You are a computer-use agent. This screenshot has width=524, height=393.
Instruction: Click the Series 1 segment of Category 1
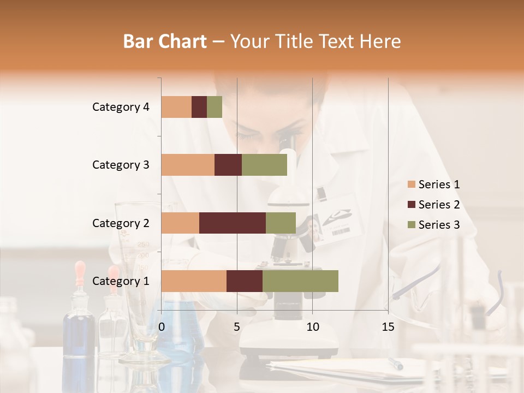pyautogui.click(x=194, y=281)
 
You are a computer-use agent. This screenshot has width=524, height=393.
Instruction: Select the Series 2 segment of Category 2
pyautogui.click(x=233, y=223)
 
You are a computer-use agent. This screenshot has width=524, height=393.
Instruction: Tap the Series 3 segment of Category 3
pyautogui.click(x=264, y=165)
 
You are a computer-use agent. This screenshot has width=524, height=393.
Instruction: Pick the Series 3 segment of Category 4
pyautogui.click(x=215, y=107)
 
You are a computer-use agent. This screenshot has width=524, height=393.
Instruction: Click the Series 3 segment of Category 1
pyautogui.click(x=300, y=281)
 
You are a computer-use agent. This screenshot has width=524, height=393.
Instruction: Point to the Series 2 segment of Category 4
pyautogui.click(x=199, y=107)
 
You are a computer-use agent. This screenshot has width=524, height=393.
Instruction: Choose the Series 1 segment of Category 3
pyautogui.click(x=188, y=165)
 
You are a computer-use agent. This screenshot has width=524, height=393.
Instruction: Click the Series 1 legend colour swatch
pyautogui.click(x=411, y=184)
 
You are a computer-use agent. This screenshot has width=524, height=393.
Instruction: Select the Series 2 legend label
pyautogui.click(x=439, y=205)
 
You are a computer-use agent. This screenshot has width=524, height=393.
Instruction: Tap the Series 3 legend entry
pyautogui.click(x=434, y=225)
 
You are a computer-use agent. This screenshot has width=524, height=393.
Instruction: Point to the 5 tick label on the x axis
pyautogui.click(x=237, y=327)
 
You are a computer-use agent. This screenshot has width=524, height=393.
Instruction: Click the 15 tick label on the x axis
pyautogui.click(x=388, y=327)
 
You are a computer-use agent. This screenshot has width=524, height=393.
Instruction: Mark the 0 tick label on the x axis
pyautogui.click(x=162, y=327)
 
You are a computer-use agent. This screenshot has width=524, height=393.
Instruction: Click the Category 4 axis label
pyautogui.click(x=121, y=107)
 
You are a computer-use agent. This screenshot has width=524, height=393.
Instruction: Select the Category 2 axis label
pyautogui.click(x=121, y=223)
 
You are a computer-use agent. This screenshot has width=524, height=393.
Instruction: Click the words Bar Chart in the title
pyautogui.click(x=165, y=41)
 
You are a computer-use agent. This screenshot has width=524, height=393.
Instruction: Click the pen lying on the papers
pyautogui.click(x=395, y=364)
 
